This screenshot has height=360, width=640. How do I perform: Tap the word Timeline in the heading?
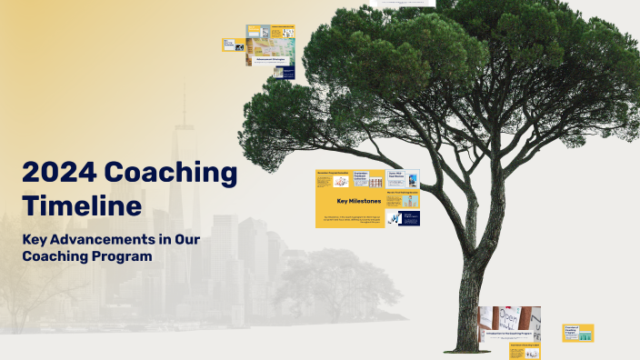[x=82, y=205]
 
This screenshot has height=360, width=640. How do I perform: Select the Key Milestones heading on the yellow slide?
[x=358, y=200]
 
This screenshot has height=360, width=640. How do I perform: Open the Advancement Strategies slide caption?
[x=270, y=59]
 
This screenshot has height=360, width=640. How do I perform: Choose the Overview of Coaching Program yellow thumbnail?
[x=578, y=333]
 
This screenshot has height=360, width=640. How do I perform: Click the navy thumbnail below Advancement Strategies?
[x=285, y=73]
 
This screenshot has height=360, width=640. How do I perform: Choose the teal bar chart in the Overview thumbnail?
[x=585, y=336]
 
